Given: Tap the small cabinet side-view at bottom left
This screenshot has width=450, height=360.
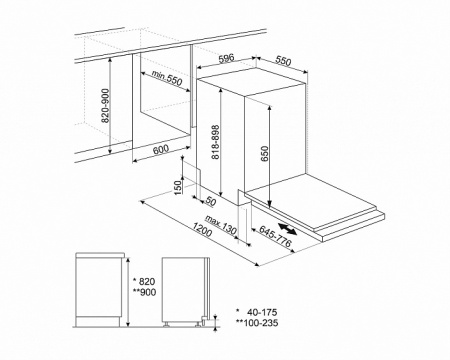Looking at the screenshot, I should pos(100,291).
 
